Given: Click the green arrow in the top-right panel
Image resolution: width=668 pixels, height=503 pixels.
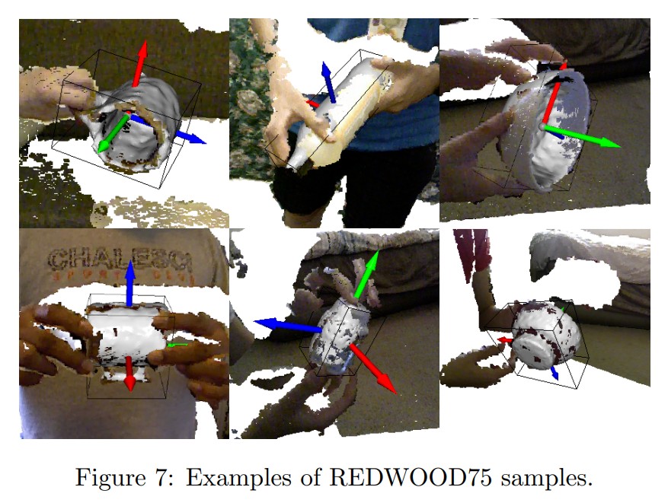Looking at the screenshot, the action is pyautogui.click(x=583, y=136).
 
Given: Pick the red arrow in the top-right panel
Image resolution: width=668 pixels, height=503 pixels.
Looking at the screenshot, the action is pyautogui.click(x=555, y=95).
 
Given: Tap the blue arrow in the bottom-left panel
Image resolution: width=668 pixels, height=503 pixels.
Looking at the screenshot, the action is pyautogui.click(x=129, y=282).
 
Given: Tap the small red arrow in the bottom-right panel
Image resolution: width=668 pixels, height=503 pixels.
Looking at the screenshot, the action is pyautogui.click(x=505, y=340).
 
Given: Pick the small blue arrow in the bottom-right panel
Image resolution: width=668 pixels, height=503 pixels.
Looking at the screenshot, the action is pyautogui.click(x=555, y=372).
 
